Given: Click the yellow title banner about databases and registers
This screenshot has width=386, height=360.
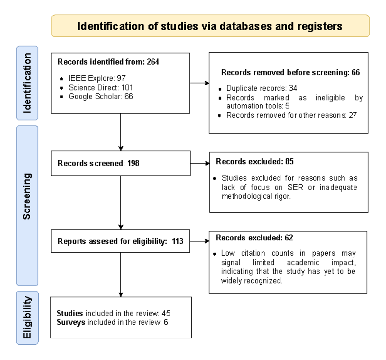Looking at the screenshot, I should pos(210,26).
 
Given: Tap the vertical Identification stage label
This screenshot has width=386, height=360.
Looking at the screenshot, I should pos(27,83).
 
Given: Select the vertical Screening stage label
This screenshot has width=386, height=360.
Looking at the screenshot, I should pos(27,196).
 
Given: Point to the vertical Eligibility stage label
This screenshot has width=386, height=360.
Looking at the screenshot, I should pos(27,317).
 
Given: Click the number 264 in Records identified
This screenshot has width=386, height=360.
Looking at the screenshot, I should pos(153,62).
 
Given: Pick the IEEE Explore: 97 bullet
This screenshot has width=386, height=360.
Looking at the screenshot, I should pos(97,78).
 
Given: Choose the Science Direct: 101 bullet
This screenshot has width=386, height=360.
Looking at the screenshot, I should pos(100,87).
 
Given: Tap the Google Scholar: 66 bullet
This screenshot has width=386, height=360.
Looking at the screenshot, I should pos(100,96).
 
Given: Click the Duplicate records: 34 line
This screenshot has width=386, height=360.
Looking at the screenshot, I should pos(262,88).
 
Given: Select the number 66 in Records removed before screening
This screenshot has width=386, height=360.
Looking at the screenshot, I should pos(355,72).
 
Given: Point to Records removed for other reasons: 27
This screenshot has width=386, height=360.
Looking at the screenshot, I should pos(291,115).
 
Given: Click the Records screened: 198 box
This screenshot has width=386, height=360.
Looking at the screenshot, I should pos(121,163).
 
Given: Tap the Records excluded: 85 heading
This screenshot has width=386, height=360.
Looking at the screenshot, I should pos(255,161).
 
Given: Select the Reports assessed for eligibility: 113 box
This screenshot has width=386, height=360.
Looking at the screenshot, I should pos(120,241).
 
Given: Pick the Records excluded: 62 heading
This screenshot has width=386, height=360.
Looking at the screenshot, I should pos(254,238).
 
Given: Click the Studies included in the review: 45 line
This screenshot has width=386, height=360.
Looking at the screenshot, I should pos(113,313).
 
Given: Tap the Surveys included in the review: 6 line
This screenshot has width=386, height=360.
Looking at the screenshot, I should pos(112,322).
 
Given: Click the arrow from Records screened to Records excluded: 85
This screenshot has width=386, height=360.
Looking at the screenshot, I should pos(200,163).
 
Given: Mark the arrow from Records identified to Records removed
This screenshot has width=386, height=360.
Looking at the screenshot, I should pos(199,83).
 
